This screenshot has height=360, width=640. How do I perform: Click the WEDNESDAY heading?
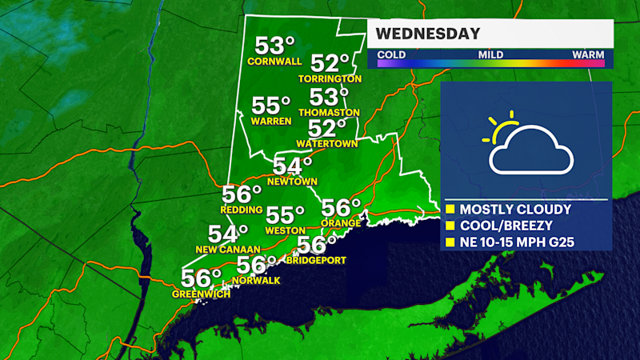(428, 34)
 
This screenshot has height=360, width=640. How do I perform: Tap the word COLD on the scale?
(390, 54)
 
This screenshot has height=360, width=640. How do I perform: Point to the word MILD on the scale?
(490, 54)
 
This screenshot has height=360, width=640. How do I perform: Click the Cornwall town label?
(274, 61)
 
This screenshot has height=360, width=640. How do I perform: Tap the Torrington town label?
(330, 79)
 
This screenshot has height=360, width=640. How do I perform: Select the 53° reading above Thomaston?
(330, 98)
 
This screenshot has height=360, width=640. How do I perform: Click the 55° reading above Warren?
(271, 106)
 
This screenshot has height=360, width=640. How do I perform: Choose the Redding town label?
(242, 210)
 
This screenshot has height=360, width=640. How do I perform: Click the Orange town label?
(337, 222)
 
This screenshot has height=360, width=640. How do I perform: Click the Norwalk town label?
(257, 280)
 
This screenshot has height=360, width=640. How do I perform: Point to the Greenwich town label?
(201, 294)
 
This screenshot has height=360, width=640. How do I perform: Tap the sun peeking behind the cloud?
(502, 128)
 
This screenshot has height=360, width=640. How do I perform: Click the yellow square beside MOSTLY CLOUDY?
(450, 210)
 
